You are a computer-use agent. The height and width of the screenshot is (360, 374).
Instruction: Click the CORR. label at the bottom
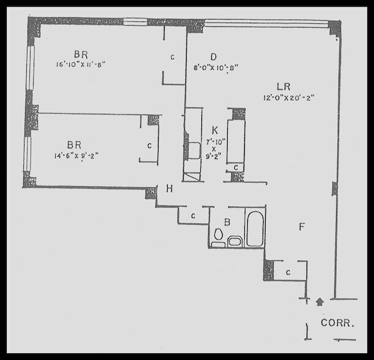coord(337,322)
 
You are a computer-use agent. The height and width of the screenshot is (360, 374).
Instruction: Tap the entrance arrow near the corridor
coord(319,301)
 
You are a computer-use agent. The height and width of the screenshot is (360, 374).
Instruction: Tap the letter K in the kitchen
coord(215,130)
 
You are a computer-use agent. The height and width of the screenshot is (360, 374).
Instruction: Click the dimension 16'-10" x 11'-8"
coord(80,63)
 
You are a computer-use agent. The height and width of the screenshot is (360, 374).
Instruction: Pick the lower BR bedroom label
coord(74,144)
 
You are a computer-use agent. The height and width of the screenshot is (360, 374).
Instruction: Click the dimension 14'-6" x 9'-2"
coord(78,155)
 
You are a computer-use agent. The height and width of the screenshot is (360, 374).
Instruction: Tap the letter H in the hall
coord(170,189)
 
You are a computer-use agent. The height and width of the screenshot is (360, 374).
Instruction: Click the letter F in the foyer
coord(301,227)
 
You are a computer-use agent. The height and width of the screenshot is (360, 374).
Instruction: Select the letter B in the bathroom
coord(226,223)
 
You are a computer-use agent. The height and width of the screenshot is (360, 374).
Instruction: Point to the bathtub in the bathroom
coord(255,228)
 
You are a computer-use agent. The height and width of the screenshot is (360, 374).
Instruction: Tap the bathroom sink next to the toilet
coord(234,241)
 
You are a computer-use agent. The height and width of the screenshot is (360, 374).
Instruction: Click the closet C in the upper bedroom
coord(173,57)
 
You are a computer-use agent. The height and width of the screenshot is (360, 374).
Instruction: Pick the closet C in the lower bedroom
coord(149,146)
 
